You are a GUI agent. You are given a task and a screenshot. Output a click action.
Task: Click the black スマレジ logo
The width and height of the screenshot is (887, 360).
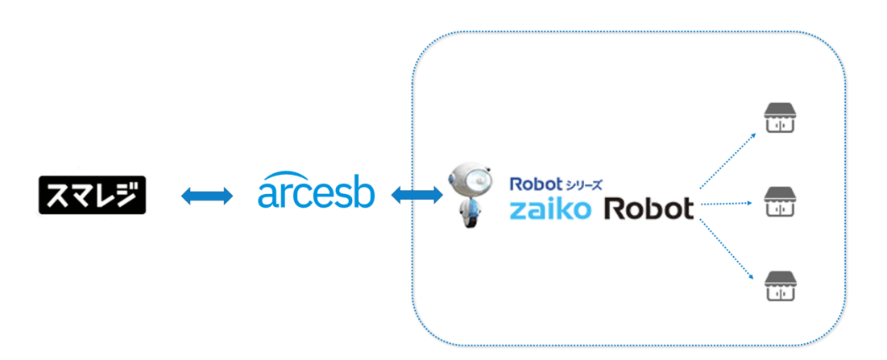point(92,195)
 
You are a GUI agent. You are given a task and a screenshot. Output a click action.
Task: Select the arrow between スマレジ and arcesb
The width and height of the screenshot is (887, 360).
point(206,196)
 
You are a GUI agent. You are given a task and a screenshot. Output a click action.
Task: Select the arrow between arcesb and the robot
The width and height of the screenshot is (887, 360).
point(417,196)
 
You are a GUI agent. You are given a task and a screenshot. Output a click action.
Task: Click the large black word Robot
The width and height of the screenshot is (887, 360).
point(649,209)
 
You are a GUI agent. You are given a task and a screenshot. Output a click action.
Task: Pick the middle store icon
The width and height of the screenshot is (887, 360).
point(780,201)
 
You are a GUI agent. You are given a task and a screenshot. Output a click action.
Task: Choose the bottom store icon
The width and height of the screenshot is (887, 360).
point(780,285)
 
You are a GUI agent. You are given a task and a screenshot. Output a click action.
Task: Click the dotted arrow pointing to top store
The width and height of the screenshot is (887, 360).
point(727,160)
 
